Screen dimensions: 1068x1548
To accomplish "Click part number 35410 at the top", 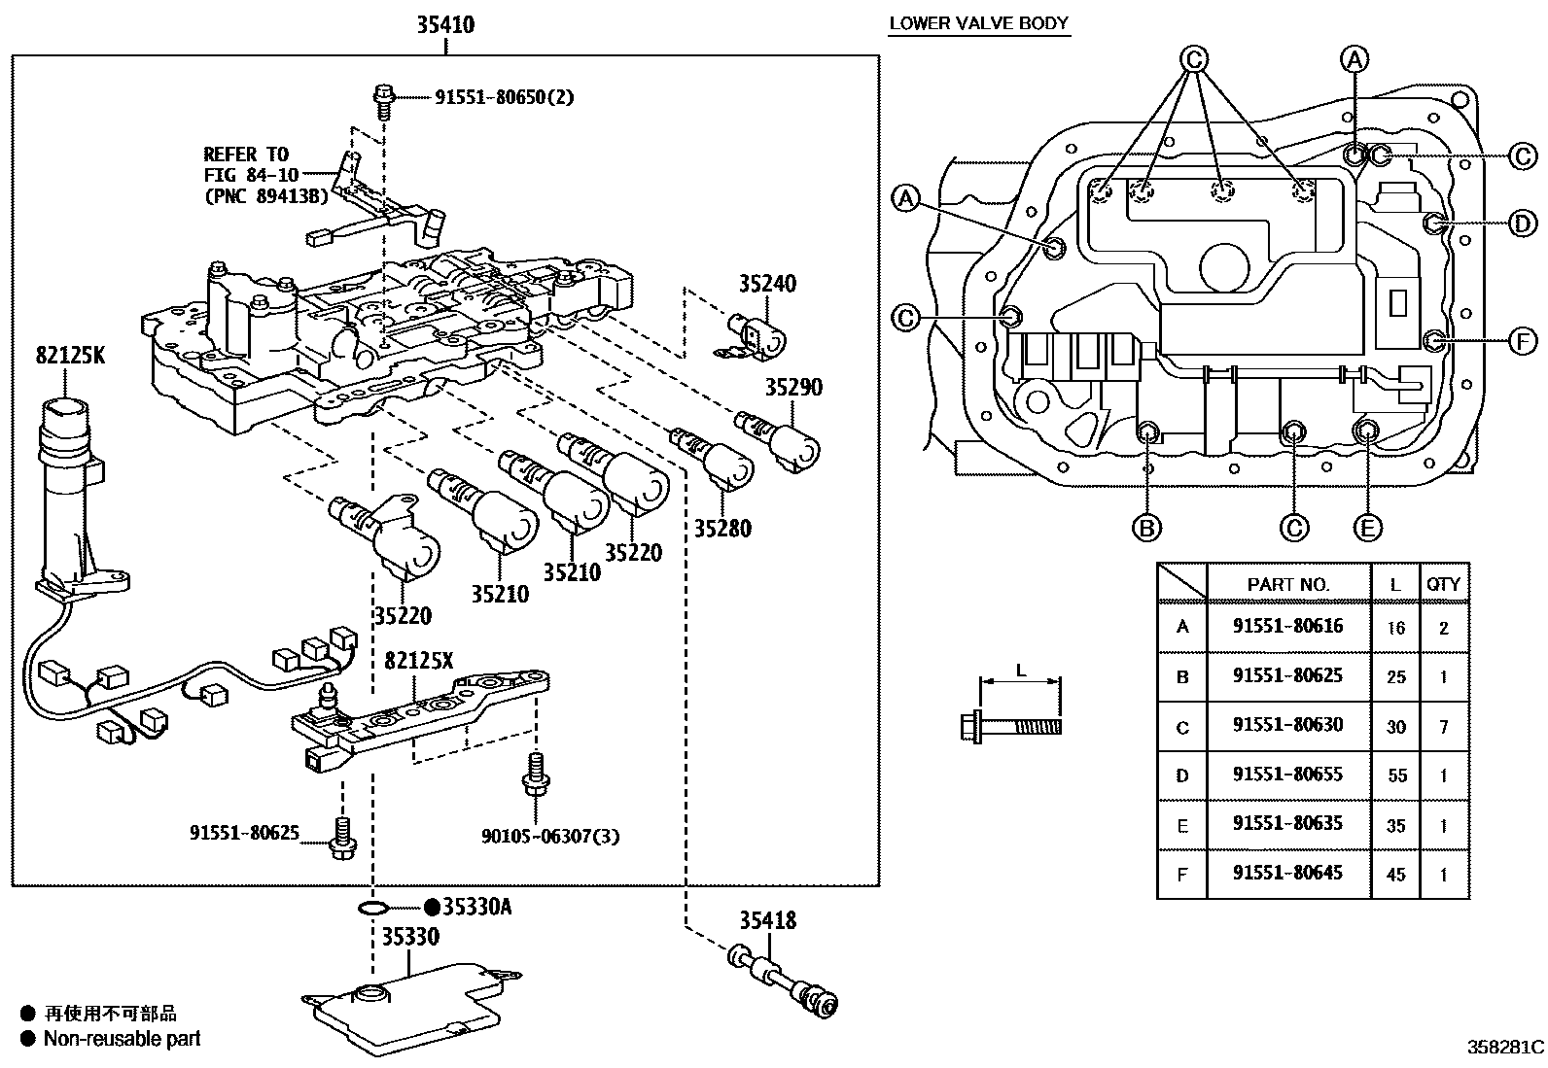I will coord(445,24).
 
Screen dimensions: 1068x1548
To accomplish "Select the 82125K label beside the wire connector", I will coord(69,356).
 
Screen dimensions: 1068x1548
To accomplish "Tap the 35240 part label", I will coord(766,284).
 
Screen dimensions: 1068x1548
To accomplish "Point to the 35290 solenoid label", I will coord(792,387).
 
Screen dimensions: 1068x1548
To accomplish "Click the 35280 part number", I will coord(722,529).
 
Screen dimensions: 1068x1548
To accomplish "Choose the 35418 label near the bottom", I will coord(767,919).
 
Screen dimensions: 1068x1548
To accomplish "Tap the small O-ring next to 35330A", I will coord(372,909).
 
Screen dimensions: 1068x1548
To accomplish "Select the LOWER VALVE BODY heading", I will coord(978,23).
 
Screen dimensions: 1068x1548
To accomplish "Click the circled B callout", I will coord(1146,527).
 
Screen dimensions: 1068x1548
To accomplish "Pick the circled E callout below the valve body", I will coord(1367,527).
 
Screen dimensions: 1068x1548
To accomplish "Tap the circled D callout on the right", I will coord(1522,224).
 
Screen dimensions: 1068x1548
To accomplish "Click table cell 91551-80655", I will coord(1287,775).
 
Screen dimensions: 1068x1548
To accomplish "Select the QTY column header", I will coord(1443,584).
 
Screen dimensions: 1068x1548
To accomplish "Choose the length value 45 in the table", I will coord(1395,875).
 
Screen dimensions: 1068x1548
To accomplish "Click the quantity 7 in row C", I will coord(1443,726).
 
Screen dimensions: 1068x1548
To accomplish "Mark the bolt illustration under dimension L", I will coord(1010,725).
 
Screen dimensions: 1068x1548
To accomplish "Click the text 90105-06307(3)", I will coord(549,835).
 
